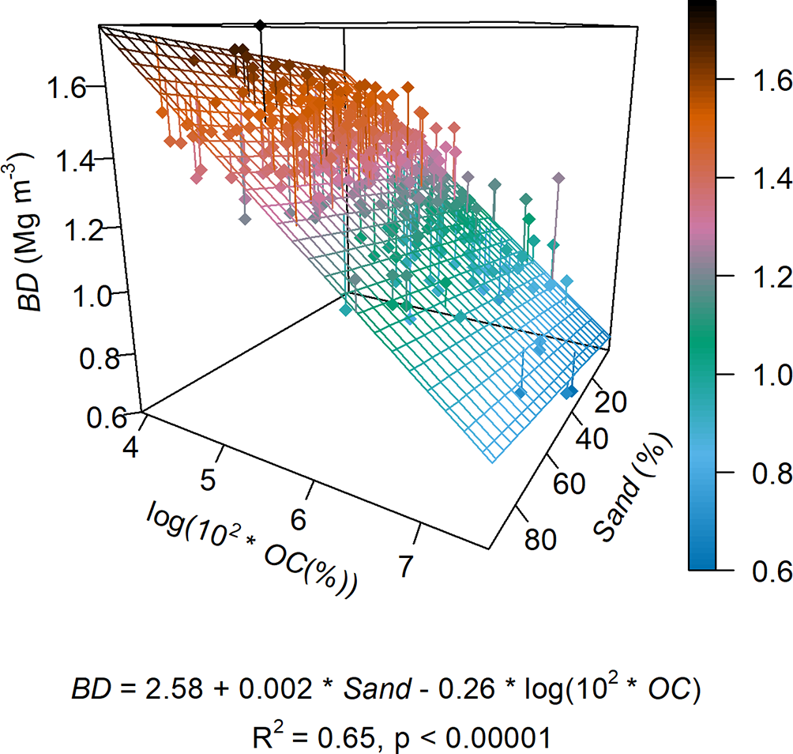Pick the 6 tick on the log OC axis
coord(298,518)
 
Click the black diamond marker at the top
coord(261,25)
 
